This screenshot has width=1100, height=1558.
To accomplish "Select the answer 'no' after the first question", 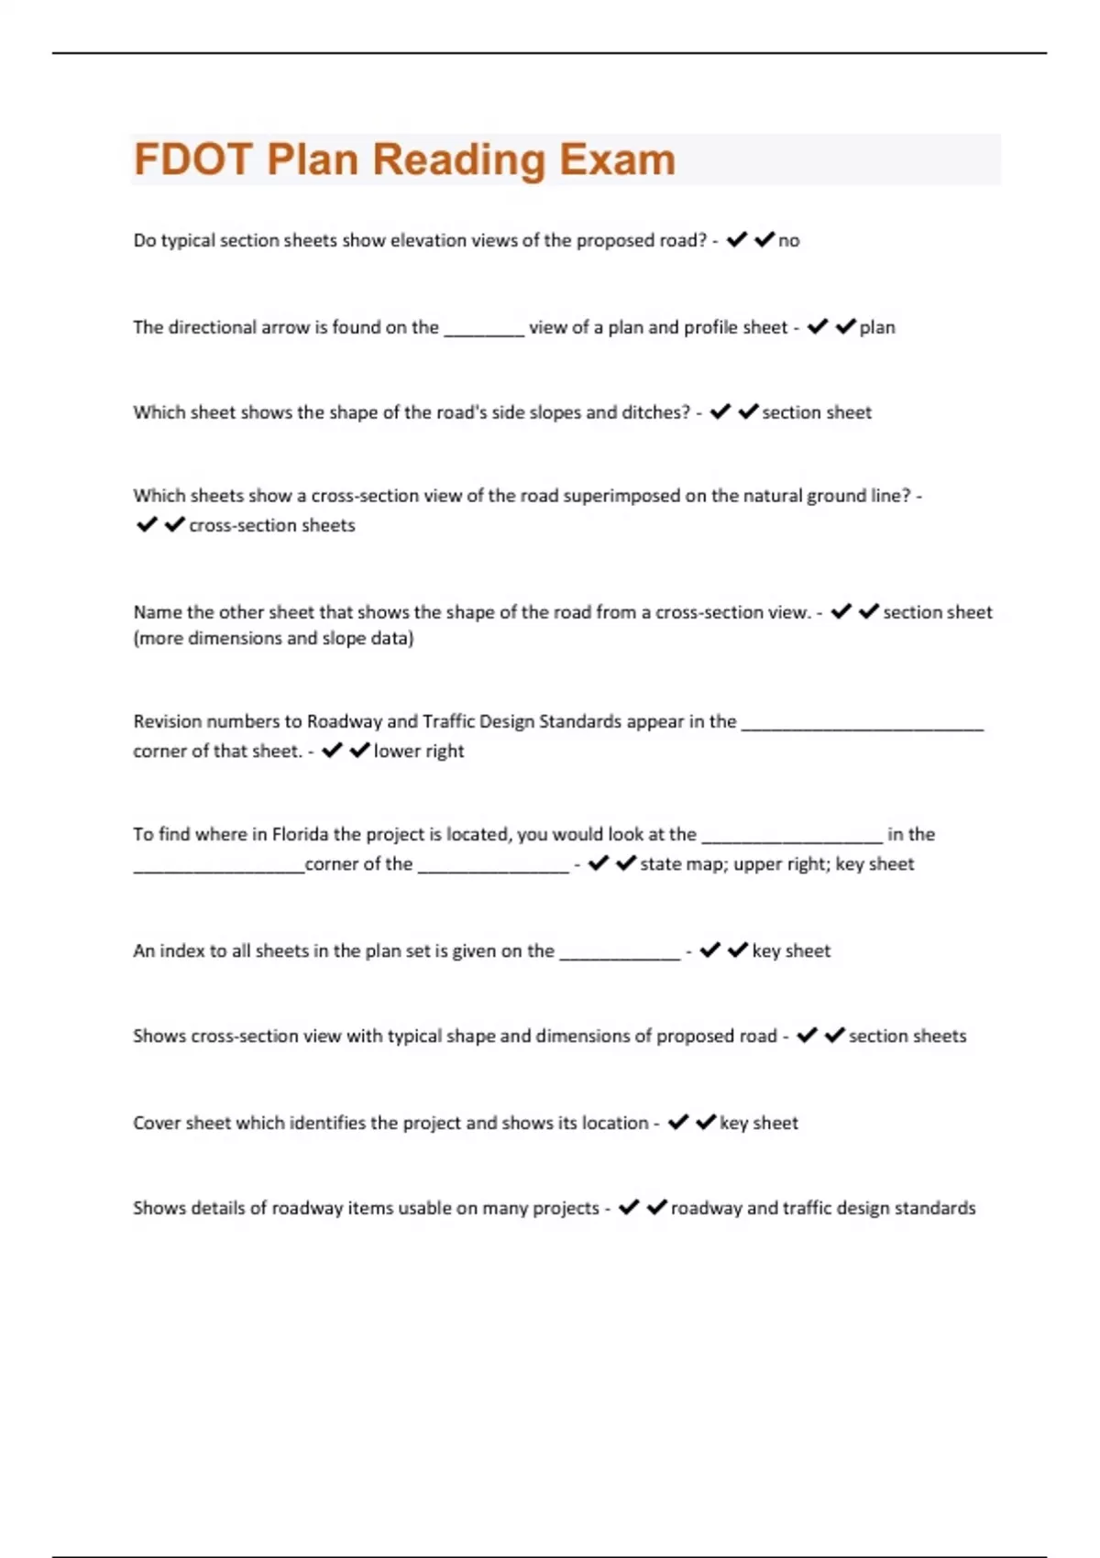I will click(x=788, y=241).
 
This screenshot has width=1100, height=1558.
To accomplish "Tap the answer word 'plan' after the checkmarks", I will click(x=877, y=327).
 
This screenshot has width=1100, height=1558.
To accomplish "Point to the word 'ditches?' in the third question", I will click(x=656, y=412).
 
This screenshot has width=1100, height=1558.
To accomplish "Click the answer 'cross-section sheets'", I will click(x=272, y=525).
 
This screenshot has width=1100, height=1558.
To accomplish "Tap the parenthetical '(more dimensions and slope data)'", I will click(x=273, y=638).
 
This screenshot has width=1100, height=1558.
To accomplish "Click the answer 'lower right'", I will click(x=419, y=751).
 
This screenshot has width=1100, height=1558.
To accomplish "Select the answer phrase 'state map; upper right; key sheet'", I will click(x=776, y=863).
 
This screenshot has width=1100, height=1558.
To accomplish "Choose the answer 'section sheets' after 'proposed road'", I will click(x=907, y=1036).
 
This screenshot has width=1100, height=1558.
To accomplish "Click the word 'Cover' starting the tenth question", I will click(x=157, y=1123).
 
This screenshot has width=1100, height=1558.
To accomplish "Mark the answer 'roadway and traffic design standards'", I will click(x=823, y=1208).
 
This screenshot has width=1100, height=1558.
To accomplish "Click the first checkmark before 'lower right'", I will click(x=333, y=750).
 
